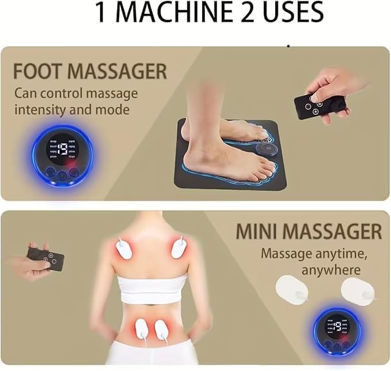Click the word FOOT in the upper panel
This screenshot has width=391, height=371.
(x=41, y=72)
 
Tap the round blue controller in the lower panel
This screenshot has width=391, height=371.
(x=339, y=332)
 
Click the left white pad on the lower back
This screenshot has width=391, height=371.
(x=143, y=330)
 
